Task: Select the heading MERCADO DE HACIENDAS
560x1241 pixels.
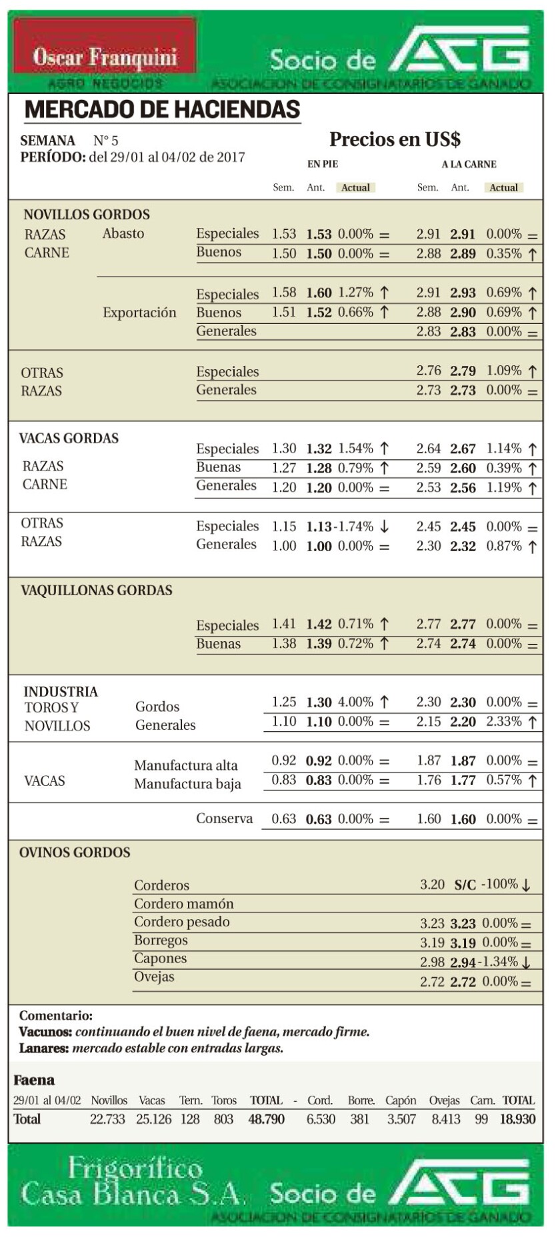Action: click(x=162, y=110)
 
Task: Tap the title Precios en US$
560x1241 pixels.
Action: click(x=395, y=139)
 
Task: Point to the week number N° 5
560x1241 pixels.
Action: click(x=106, y=141)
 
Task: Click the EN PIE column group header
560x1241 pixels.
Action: click(x=323, y=164)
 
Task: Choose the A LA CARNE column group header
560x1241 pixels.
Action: click(x=469, y=164)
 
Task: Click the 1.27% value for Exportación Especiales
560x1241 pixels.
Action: click(x=355, y=293)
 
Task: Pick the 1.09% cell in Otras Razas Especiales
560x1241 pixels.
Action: click(x=503, y=371)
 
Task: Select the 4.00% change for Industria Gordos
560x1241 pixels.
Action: click(x=355, y=702)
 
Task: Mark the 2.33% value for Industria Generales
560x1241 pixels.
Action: click(x=503, y=721)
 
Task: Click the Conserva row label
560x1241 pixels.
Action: click(x=224, y=818)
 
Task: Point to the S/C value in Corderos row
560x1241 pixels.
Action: click(x=465, y=885)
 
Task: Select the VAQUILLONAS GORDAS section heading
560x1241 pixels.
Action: click(x=97, y=591)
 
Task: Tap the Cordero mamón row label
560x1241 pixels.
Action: click(x=183, y=904)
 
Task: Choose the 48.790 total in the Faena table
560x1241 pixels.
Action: click(x=266, y=1119)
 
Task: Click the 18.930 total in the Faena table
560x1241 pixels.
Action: click(x=517, y=1119)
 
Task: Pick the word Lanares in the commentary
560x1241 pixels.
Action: click(x=43, y=1048)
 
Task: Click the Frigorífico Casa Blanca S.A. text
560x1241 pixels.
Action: click(x=133, y=1182)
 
